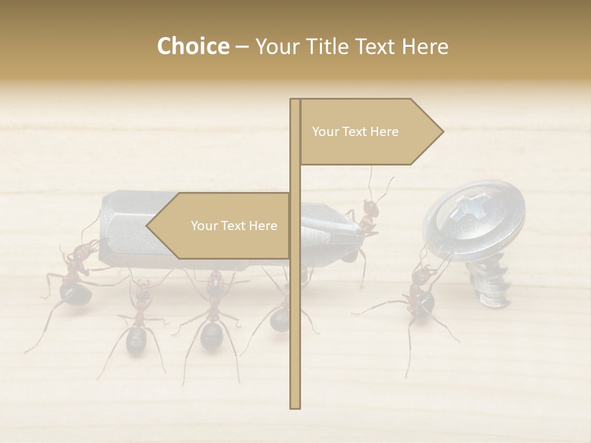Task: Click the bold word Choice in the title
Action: tap(193, 46)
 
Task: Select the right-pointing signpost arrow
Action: tap(369, 132)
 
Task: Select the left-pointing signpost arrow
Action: tap(222, 226)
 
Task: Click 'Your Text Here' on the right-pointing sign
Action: tap(355, 132)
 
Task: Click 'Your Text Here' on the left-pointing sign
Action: tap(234, 226)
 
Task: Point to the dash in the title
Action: tap(242, 47)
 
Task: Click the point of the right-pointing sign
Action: tap(441, 132)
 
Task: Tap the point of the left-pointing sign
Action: tap(148, 226)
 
